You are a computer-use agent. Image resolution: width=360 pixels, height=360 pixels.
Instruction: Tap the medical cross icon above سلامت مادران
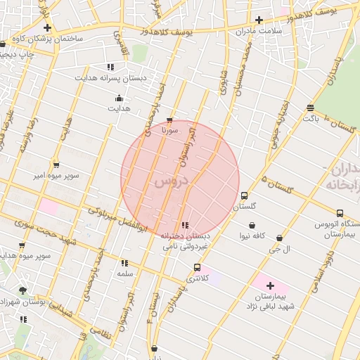point(259,20)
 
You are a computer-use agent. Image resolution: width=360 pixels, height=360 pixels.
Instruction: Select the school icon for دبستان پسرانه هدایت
point(110,67)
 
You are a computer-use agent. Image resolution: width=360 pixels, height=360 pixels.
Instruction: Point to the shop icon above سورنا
point(169,120)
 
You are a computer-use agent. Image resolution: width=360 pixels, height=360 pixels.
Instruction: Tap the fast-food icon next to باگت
point(310,108)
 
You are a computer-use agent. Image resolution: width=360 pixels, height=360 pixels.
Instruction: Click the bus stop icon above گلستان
point(244,195)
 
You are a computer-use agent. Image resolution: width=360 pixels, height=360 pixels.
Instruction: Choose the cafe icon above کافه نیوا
point(251,226)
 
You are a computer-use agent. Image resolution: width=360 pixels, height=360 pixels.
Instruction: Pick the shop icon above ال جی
point(280,238)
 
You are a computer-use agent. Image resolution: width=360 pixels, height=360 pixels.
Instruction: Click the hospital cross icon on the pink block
point(270,285)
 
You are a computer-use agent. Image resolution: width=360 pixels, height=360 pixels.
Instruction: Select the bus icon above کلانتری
point(197,267)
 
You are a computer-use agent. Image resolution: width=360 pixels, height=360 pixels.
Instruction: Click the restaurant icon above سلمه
point(124,262)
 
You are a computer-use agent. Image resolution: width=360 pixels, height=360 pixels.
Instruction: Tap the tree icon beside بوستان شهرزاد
point(22,290)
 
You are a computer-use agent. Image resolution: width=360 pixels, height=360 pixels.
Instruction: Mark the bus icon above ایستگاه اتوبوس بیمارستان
point(340,213)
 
